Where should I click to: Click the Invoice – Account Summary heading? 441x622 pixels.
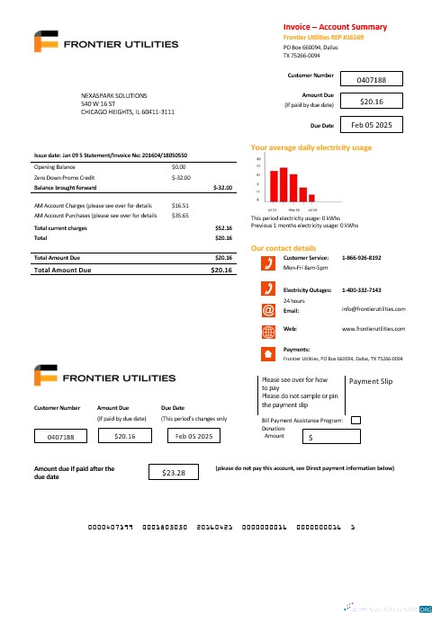click(335, 27)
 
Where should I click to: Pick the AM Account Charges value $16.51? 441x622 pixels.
click(180, 206)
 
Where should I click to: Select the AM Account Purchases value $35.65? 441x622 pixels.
click(180, 216)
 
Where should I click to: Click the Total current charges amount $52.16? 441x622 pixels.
click(224, 228)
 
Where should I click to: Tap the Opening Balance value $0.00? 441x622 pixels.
click(178, 167)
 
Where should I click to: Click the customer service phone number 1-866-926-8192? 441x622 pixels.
click(361, 258)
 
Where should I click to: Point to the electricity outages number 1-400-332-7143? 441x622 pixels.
click(361, 290)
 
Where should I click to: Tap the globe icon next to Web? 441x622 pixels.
click(267, 330)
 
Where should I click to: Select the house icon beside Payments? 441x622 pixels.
click(267, 352)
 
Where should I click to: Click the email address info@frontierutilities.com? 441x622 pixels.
click(373, 309)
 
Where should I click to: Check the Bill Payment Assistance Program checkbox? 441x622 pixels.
click(355, 419)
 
